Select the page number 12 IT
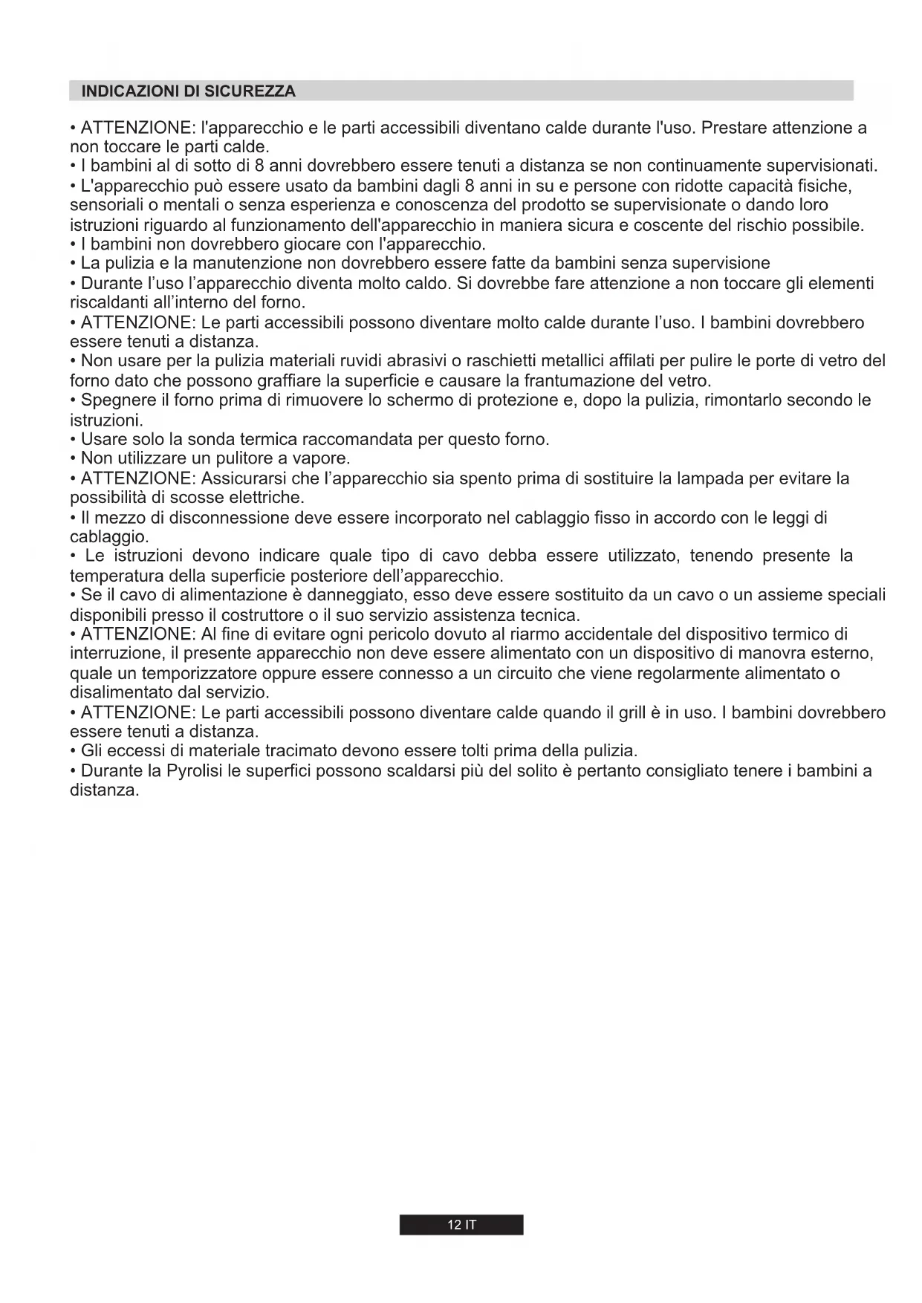(x=461, y=1225)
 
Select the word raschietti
(x=521, y=361)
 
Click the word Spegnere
(x=115, y=400)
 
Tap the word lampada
(x=700, y=478)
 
